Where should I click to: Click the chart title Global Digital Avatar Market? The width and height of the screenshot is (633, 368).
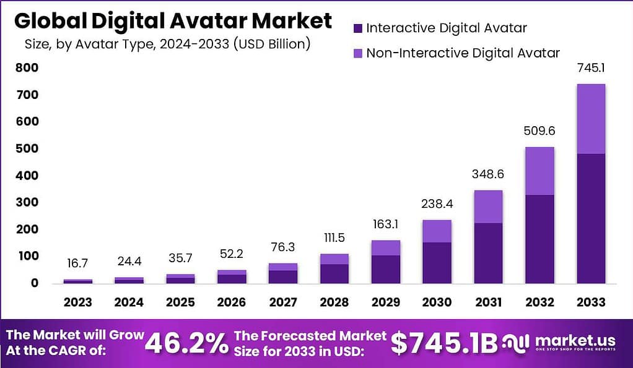(173, 21)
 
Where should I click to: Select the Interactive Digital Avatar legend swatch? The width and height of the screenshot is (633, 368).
(357, 28)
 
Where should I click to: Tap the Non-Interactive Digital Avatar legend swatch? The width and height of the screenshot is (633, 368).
(357, 53)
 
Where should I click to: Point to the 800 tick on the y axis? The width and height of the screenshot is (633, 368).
(28, 68)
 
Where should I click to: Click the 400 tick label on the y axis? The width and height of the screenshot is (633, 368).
(28, 176)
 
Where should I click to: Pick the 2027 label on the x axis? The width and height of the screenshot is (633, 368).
(282, 302)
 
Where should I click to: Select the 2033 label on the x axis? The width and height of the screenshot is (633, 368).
(590, 302)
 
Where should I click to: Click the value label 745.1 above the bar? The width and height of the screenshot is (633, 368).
(590, 69)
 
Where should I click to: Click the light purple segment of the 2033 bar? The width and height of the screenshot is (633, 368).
(590, 119)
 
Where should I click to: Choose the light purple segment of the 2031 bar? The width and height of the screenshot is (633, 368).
(488, 207)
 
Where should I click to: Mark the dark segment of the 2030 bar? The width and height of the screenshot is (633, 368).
(437, 262)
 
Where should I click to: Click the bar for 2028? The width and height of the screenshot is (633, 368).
(334, 268)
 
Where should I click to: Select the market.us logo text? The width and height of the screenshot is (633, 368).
(574, 341)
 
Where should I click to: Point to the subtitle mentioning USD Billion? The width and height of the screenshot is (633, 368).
(167, 45)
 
